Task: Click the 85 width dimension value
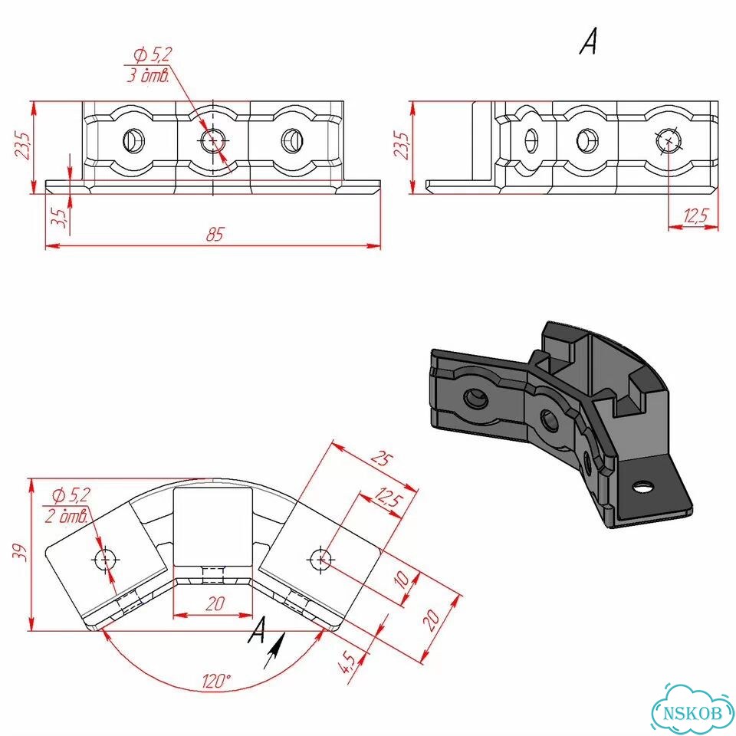(215, 234)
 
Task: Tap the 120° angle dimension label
(216, 681)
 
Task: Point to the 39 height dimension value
(20, 553)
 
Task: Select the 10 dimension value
(402, 580)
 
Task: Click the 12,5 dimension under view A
(695, 215)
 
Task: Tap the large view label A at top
(589, 41)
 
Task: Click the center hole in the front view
(213, 140)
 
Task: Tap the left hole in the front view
(133, 140)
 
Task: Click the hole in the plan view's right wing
(320, 560)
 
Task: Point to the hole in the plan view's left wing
(104, 560)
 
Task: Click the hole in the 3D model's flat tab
(642, 486)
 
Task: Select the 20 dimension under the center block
(215, 603)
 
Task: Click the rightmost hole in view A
(668, 140)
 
